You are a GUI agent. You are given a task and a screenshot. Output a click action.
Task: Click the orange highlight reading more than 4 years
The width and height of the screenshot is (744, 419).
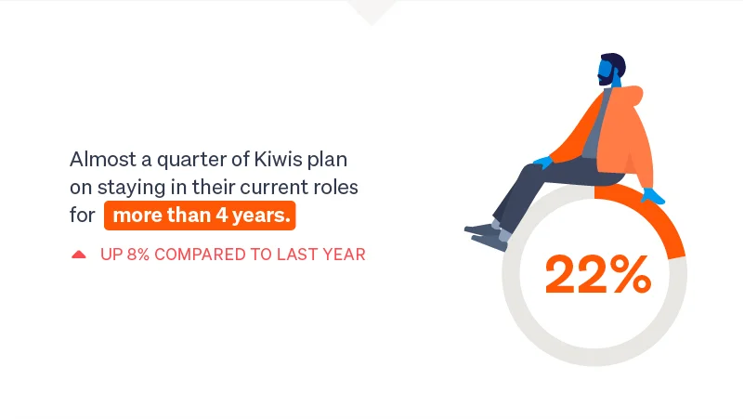pyautogui.click(x=200, y=216)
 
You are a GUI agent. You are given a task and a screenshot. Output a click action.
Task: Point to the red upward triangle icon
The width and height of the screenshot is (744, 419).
pyautogui.click(x=79, y=254)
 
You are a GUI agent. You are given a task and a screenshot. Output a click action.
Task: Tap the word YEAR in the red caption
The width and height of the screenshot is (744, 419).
pyautogui.click(x=345, y=254)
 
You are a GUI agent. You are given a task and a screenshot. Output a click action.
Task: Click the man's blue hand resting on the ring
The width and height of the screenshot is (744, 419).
pyautogui.click(x=652, y=195)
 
